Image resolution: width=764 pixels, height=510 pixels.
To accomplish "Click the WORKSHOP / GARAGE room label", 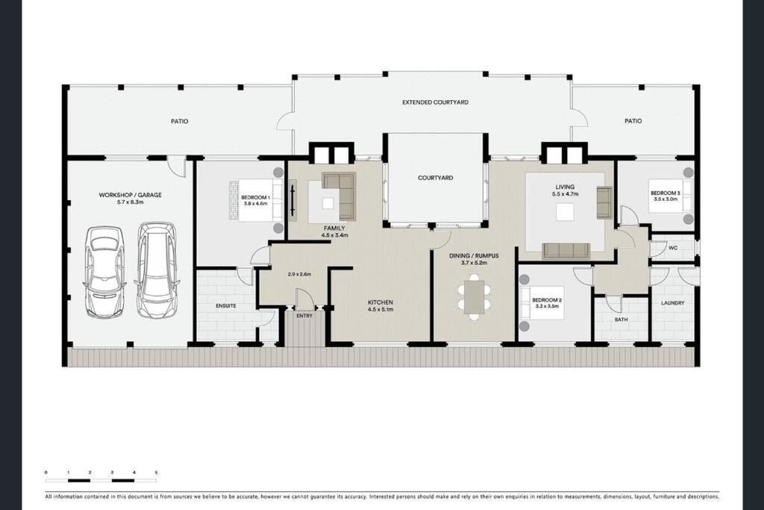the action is [130, 195].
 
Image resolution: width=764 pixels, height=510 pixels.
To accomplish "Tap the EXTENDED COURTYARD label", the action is [435, 102].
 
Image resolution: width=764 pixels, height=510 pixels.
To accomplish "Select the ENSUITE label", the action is [225, 306].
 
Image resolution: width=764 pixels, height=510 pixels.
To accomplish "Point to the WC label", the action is [673, 248].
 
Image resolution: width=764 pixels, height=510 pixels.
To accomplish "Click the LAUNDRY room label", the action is [673, 303].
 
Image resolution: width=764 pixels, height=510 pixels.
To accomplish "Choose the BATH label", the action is [621, 320].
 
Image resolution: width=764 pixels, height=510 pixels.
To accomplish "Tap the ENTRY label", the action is [304, 316].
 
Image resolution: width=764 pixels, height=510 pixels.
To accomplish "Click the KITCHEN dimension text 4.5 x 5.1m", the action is [381, 310].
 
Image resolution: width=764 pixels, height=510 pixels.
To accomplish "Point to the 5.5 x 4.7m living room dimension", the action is [566, 194].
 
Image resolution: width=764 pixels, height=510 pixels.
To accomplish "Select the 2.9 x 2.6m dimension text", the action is [299, 274].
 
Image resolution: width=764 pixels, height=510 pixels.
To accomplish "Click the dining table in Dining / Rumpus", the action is [474, 297].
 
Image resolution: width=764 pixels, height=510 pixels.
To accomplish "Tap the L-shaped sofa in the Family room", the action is [339, 195].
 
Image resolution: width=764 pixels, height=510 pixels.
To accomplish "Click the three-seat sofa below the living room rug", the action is [567, 250].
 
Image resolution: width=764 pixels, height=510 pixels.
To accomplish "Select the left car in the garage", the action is [104, 272].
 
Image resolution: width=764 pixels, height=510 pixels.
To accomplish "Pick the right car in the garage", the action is [157, 270].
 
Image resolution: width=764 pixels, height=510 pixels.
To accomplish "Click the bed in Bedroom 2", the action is [542, 302].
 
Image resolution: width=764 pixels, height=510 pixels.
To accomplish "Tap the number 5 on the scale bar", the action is [157, 473].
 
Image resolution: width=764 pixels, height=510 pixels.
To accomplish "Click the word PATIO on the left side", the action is [179, 122].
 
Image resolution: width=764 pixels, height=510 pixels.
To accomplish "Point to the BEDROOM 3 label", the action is [666, 193].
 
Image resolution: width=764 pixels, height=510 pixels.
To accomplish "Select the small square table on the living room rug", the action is [566, 212].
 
